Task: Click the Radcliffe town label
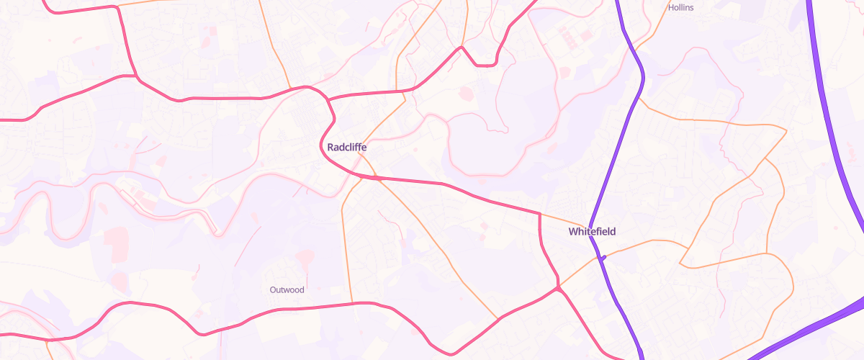(x=347, y=147)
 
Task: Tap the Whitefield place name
(x=592, y=232)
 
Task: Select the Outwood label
(x=287, y=290)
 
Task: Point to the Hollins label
(x=680, y=7)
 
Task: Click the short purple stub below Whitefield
(x=603, y=257)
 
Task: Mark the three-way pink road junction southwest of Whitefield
(x=558, y=289)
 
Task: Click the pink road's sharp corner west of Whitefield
(x=540, y=214)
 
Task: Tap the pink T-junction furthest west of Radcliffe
(x=136, y=76)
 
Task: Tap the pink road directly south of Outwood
(x=288, y=309)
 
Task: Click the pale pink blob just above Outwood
(x=305, y=256)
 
